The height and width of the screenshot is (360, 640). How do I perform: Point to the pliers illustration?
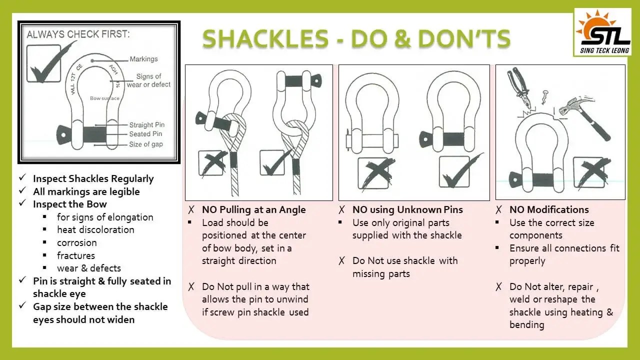[520, 88]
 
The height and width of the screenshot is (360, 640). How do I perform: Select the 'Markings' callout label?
[143, 59]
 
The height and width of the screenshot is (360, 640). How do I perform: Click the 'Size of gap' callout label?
[146, 144]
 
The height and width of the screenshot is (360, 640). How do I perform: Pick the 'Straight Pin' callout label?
[146, 125]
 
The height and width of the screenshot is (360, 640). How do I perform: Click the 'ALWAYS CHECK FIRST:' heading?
[78, 34]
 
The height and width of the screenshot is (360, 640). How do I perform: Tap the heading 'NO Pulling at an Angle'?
[253, 209]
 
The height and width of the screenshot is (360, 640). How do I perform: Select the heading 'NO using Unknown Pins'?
[407, 209]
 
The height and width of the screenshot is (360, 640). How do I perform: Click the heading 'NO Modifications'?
[549, 209]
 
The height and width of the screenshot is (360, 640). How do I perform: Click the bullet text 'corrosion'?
[76, 242]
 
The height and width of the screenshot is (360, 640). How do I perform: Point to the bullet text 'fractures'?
[75, 255]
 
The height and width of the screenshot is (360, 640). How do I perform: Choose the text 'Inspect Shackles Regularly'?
[93, 178]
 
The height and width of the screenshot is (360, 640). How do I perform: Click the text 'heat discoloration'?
[95, 230]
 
